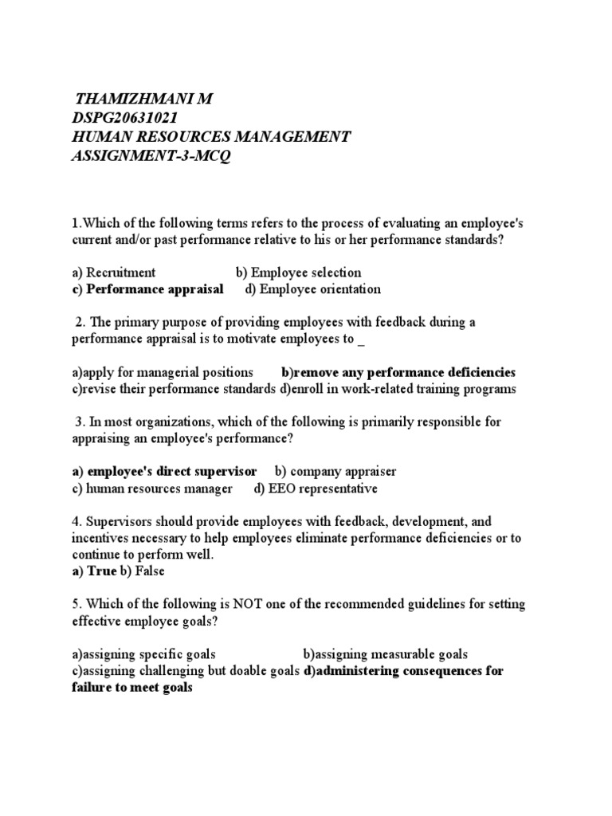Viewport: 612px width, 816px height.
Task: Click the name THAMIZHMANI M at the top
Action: tap(144, 99)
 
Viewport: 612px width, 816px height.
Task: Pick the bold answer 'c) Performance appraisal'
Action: tap(147, 289)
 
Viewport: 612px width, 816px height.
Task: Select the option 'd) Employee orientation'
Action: tap(313, 289)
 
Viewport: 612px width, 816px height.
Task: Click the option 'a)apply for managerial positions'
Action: tap(163, 372)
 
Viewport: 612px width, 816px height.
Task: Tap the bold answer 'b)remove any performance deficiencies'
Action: tap(398, 372)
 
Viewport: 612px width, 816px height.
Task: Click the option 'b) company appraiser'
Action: tap(335, 472)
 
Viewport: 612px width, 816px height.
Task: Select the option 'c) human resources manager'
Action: tap(152, 488)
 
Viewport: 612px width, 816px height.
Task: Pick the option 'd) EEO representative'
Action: tap(316, 488)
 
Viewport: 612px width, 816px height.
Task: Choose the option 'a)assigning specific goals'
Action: tap(143, 654)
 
